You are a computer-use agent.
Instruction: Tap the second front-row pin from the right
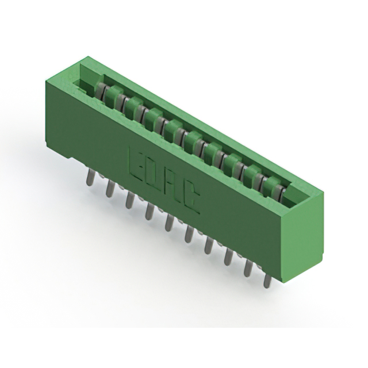(248, 268)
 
